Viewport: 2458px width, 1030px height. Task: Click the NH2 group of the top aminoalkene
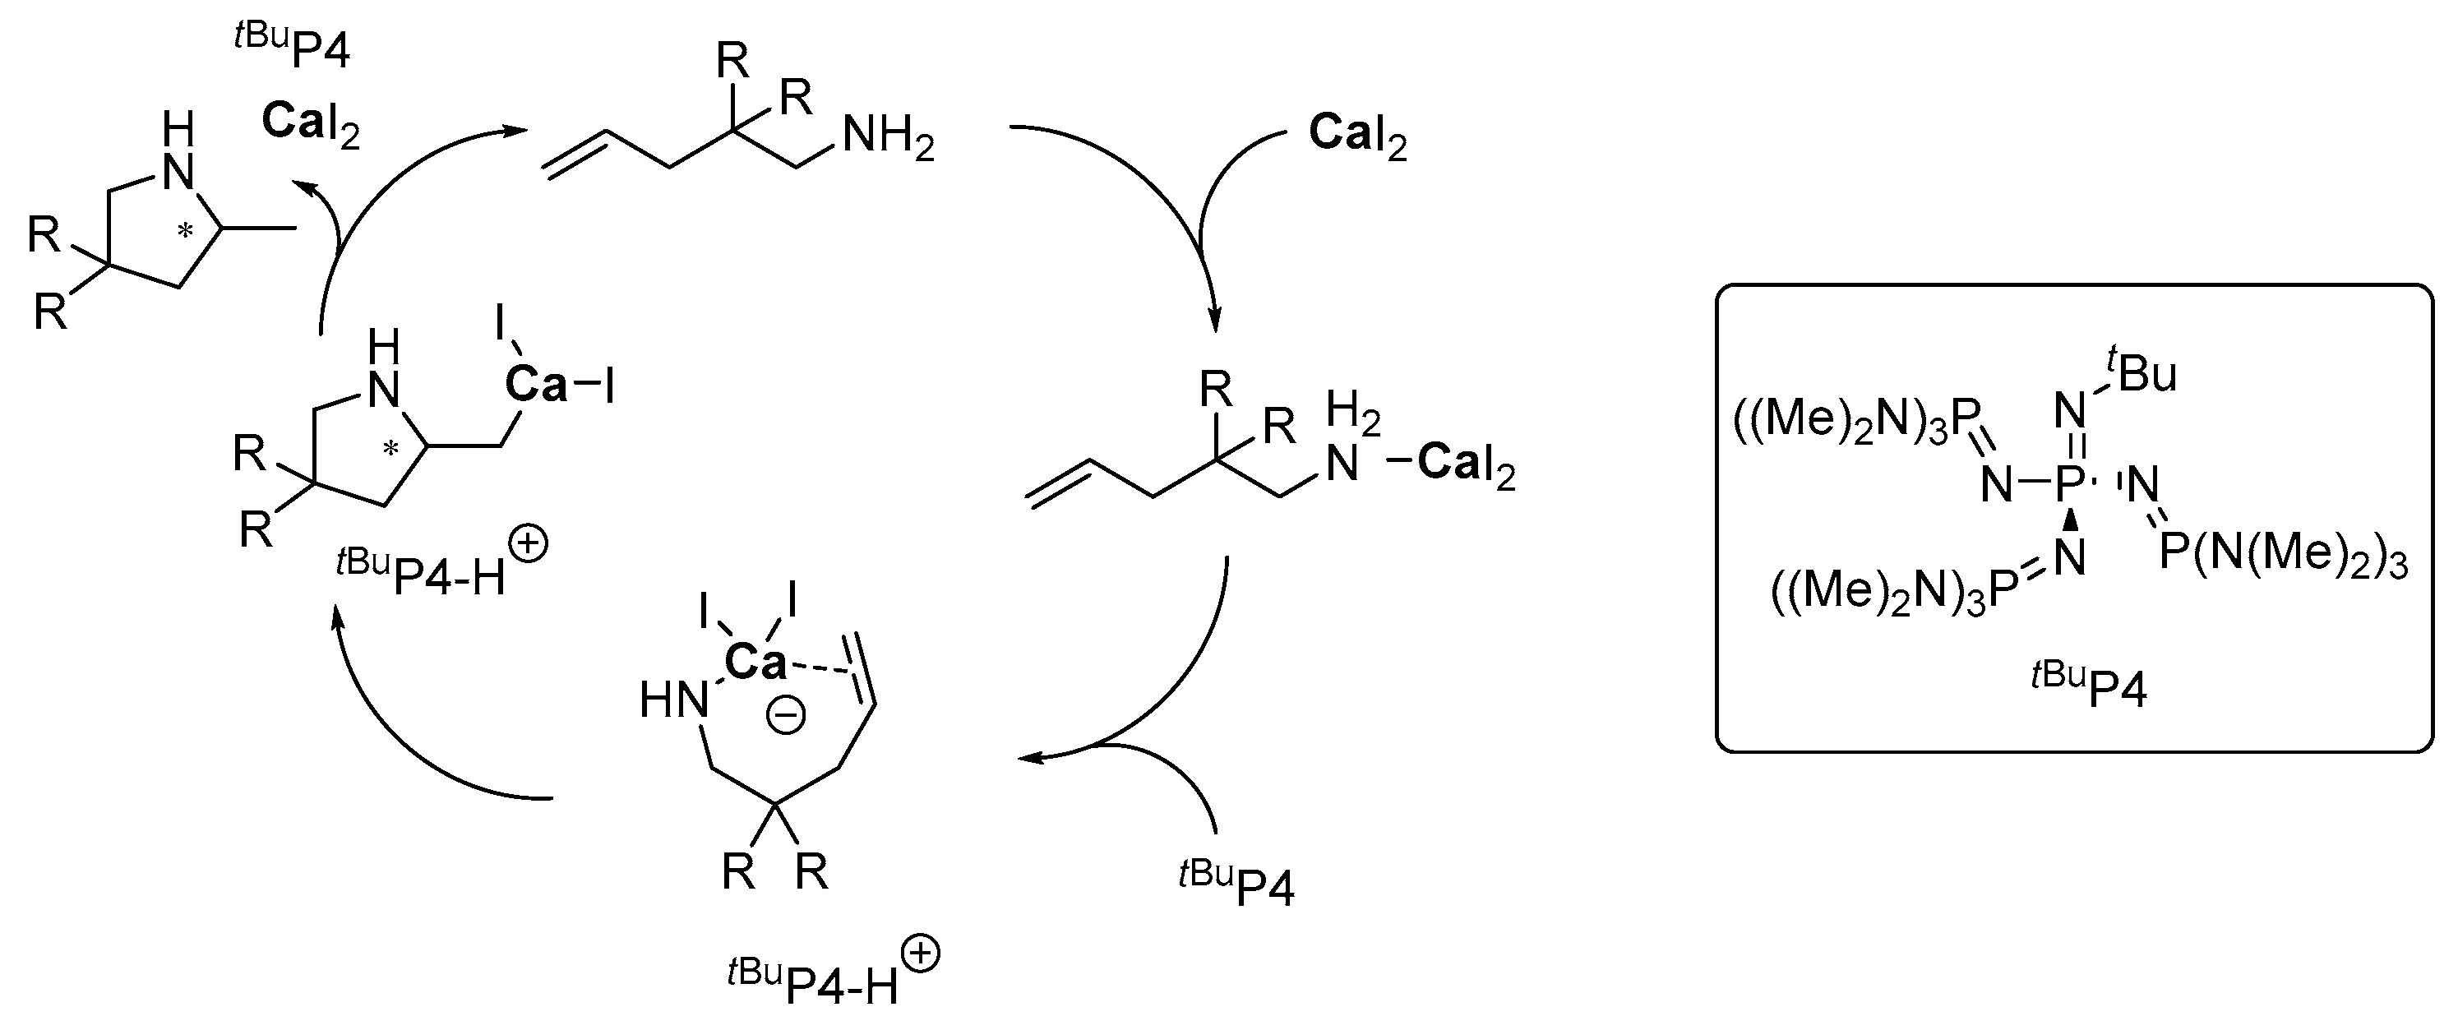(887, 137)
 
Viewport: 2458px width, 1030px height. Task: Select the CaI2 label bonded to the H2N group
(1466, 464)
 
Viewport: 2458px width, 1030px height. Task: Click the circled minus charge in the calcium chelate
(786, 715)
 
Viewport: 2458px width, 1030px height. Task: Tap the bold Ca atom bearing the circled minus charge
(755, 662)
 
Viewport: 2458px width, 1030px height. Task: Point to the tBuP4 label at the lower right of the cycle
(1236, 883)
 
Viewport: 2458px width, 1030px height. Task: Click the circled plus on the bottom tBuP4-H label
(920, 954)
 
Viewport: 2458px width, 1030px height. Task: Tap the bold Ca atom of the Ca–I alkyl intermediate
(535, 385)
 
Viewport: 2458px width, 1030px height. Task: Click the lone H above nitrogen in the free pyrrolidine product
(178, 129)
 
